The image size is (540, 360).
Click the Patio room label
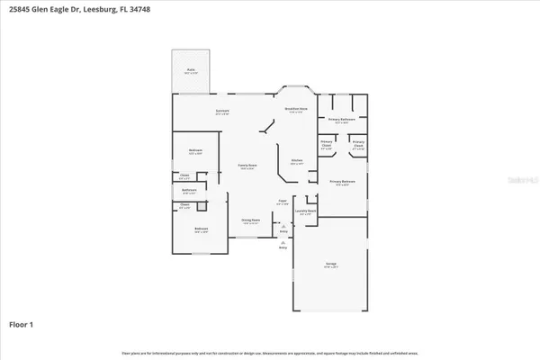(x=191, y=70)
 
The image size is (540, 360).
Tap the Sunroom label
(x=221, y=112)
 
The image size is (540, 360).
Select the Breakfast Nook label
(x=297, y=110)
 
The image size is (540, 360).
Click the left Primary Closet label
(x=327, y=144)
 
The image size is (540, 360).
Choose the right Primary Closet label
(x=357, y=144)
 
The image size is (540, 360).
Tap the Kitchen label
(x=296, y=162)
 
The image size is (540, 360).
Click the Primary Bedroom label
(x=342, y=183)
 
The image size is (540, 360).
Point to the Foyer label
(x=282, y=202)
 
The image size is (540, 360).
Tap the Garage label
(x=331, y=265)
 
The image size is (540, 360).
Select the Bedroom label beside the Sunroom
(x=195, y=151)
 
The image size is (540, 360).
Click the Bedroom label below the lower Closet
(x=202, y=229)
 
